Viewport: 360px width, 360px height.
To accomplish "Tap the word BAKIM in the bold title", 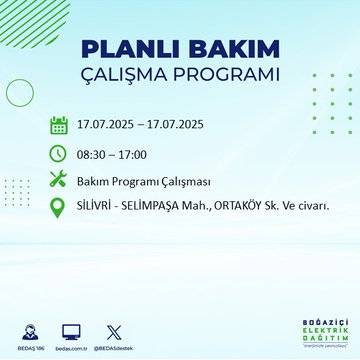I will click(x=226, y=49).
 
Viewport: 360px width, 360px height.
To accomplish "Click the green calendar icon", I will click(x=59, y=125).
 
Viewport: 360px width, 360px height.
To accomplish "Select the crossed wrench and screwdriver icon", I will click(x=59, y=180).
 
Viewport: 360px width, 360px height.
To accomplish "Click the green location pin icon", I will click(x=59, y=208).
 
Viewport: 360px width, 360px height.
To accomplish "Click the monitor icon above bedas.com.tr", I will click(x=70, y=328).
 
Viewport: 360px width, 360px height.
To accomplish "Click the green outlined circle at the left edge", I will click(x=20, y=92).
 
